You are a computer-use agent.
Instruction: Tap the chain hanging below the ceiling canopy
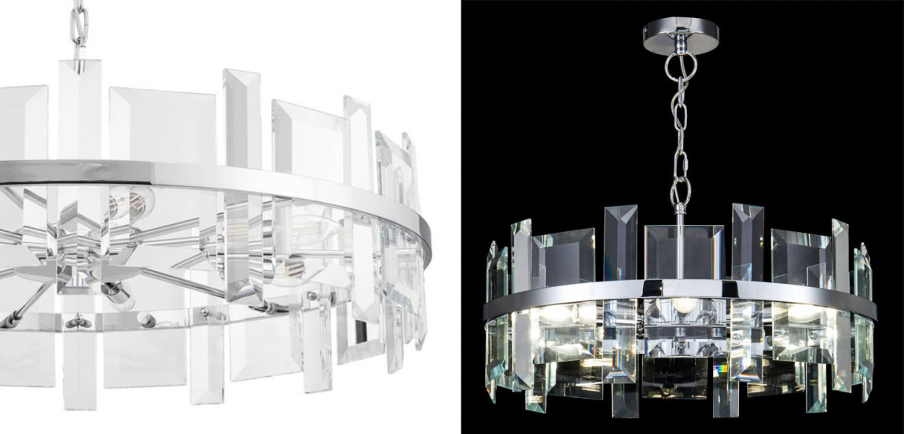point(678,134)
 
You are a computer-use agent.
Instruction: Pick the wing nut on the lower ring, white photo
point(77,322)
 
